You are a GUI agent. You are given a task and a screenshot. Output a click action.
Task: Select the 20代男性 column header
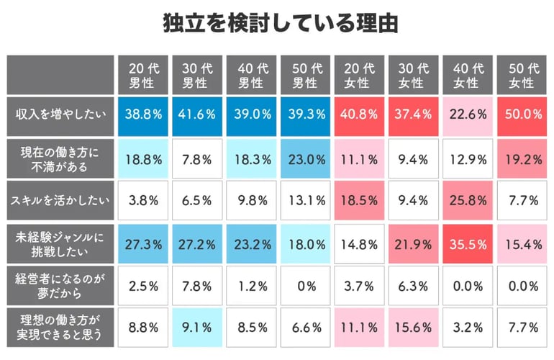(x=143, y=75)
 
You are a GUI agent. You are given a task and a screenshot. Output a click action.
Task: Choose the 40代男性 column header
(x=250, y=75)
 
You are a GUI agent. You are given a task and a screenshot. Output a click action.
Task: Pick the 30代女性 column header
(x=412, y=75)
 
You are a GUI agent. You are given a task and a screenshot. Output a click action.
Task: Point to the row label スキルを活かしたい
(x=60, y=201)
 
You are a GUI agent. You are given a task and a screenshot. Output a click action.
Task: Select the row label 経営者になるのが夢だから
(x=60, y=285)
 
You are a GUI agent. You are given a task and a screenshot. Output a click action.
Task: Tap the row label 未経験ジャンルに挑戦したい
(x=60, y=243)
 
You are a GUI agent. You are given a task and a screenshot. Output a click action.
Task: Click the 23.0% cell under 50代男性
(x=304, y=158)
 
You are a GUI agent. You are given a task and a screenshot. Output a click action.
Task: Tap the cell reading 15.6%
(x=412, y=328)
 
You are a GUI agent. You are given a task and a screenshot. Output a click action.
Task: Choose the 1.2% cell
(x=250, y=285)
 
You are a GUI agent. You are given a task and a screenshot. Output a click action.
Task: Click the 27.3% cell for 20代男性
(x=143, y=243)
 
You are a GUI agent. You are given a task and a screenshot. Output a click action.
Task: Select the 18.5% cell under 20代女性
(x=358, y=201)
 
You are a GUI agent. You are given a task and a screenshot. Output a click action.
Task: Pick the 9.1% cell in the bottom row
(x=196, y=328)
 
